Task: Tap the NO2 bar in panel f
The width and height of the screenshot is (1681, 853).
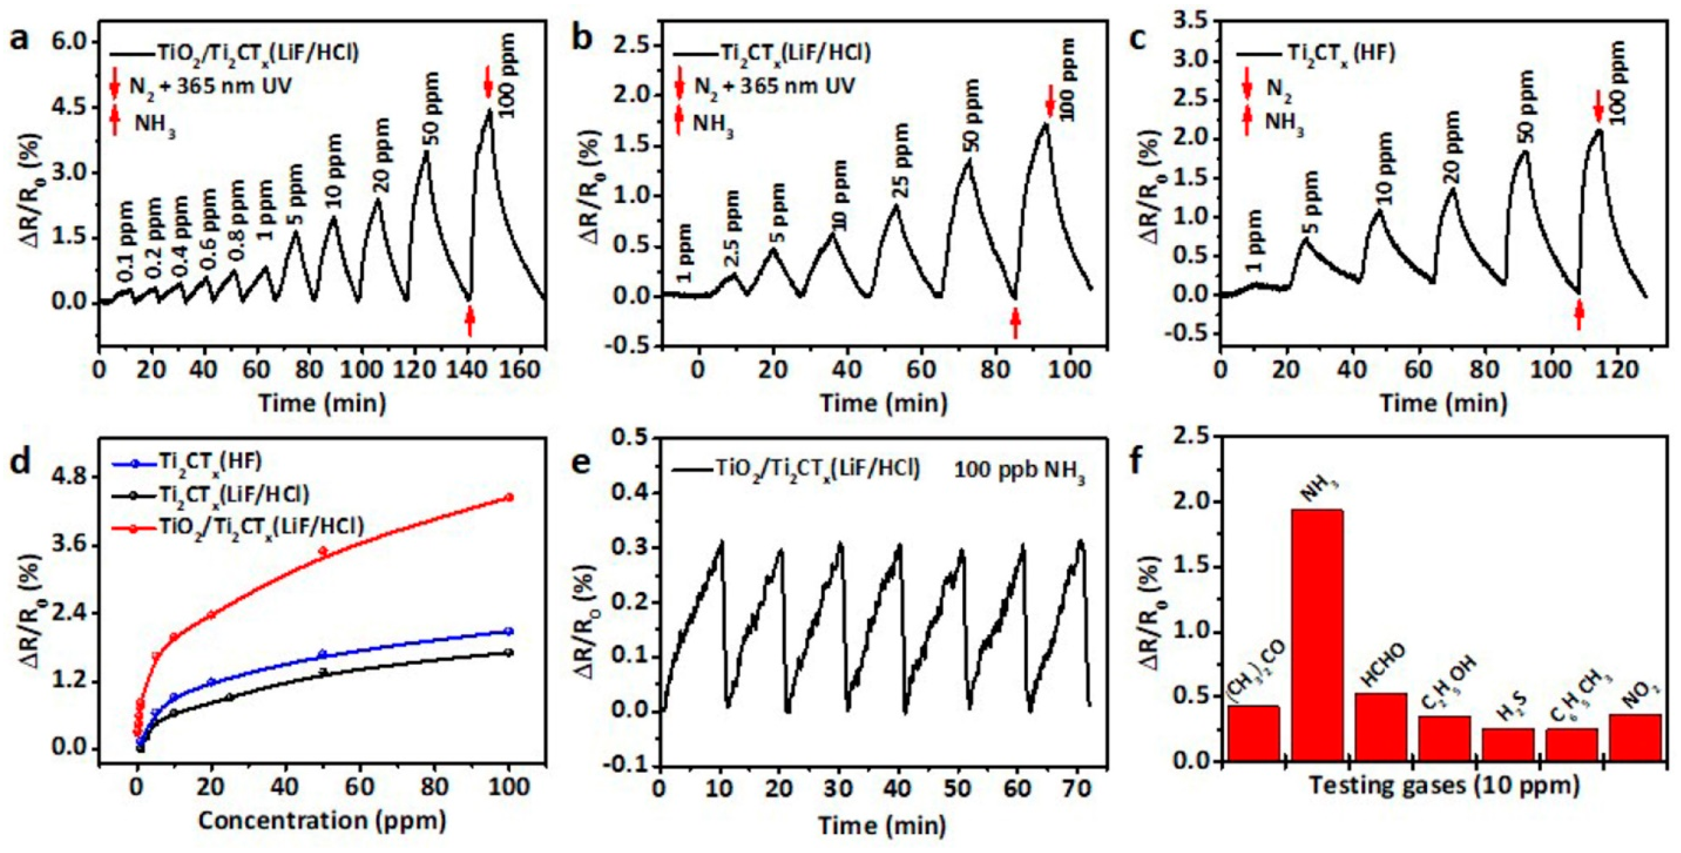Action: click(1635, 737)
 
